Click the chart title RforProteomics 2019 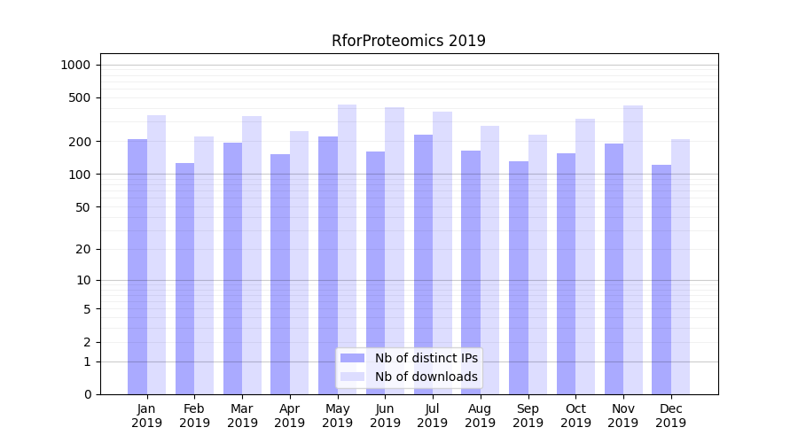tap(409, 41)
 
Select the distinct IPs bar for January tap(137, 266)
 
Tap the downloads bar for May tap(347, 248)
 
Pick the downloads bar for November tap(633, 248)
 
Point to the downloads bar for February tap(204, 266)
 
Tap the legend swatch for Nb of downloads tap(352, 377)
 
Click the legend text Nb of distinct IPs tap(426, 358)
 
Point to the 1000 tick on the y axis tap(75, 65)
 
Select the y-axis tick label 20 tap(83, 249)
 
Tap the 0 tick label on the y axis tap(87, 394)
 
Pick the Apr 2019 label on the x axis tap(290, 416)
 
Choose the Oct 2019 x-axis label tap(575, 416)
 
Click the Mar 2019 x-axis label tap(242, 416)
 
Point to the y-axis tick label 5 tap(87, 309)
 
